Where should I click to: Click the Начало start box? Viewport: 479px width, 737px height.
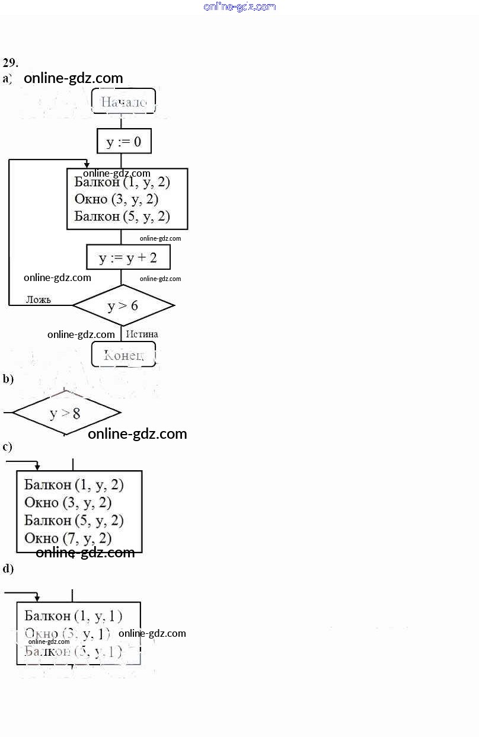(x=123, y=101)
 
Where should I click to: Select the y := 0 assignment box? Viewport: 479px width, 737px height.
(x=124, y=142)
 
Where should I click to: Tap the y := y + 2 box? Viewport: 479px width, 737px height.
(x=128, y=257)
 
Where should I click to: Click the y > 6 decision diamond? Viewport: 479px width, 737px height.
(x=123, y=305)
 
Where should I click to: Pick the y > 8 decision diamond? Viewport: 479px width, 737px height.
(x=66, y=413)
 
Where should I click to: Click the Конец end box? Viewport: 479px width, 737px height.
(x=123, y=355)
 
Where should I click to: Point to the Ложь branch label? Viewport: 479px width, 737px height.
(x=39, y=299)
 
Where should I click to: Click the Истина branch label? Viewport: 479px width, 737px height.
(x=142, y=334)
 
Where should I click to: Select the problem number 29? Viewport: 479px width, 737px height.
(x=10, y=62)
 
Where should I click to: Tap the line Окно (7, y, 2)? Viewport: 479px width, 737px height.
(x=68, y=538)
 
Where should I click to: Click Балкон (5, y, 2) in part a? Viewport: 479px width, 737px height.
(x=122, y=216)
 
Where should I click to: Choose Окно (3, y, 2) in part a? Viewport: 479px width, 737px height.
(x=116, y=199)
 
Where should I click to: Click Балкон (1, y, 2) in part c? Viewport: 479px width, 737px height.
(x=74, y=485)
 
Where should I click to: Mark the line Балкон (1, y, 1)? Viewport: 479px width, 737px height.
(x=74, y=615)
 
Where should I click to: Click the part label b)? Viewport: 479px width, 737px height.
(x=8, y=379)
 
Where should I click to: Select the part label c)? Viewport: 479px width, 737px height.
(x=7, y=447)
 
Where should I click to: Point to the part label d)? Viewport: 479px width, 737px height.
(x=8, y=569)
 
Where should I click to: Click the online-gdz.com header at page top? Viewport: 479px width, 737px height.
(x=239, y=7)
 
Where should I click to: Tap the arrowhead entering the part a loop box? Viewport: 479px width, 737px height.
(x=87, y=165)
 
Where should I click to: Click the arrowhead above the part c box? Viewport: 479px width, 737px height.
(x=37, y=467)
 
